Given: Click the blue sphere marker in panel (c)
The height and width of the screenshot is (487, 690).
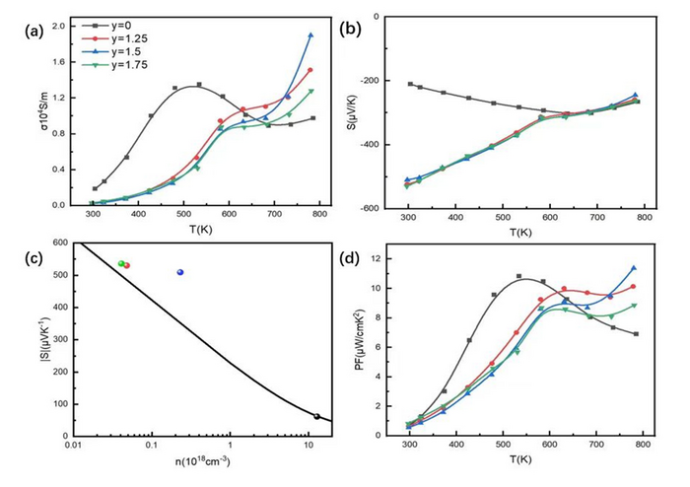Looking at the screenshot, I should tap(179, 272).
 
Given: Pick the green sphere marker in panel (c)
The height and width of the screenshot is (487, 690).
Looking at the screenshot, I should tap(121, 263).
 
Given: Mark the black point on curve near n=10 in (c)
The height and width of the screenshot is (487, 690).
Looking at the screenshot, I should tap(316, 416).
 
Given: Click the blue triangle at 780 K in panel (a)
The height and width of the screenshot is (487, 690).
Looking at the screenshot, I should tap(310, 35).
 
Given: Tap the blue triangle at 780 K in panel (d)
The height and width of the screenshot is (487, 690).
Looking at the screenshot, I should tap(634, 267).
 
